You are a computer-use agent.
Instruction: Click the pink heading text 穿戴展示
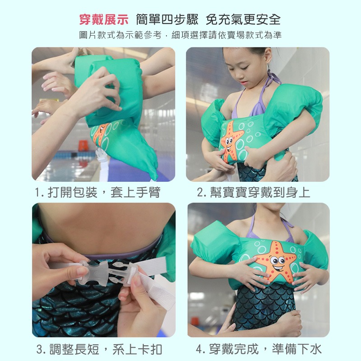click(104, 19)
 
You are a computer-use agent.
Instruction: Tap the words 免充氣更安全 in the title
click(243, 19)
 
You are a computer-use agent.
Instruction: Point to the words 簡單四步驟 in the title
click(167, 19)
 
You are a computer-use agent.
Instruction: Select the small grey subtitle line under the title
click(180, 35)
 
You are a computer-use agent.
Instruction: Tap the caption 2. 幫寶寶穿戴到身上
click(254, 193)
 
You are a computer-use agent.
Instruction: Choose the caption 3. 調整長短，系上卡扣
click(99, 349)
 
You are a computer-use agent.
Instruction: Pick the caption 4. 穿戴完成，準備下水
click(259, 349)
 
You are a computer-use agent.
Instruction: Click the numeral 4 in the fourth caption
click(200, 349)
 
